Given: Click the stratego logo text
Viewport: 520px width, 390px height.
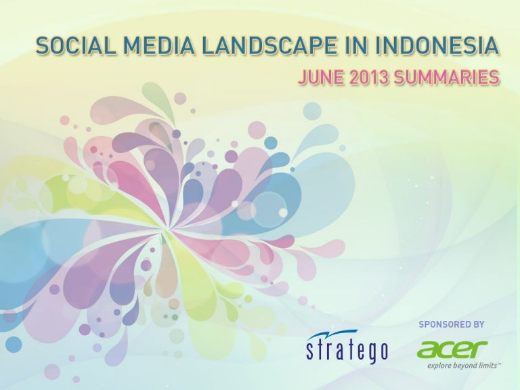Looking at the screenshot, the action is [347, 351].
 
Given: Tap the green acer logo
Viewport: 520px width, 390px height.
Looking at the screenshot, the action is [452, 349].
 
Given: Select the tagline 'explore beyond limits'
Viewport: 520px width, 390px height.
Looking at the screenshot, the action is [464, 366].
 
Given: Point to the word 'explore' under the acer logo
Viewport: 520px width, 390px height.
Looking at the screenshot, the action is [439, 366].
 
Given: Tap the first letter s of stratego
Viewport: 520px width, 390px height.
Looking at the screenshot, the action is [310, 351].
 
